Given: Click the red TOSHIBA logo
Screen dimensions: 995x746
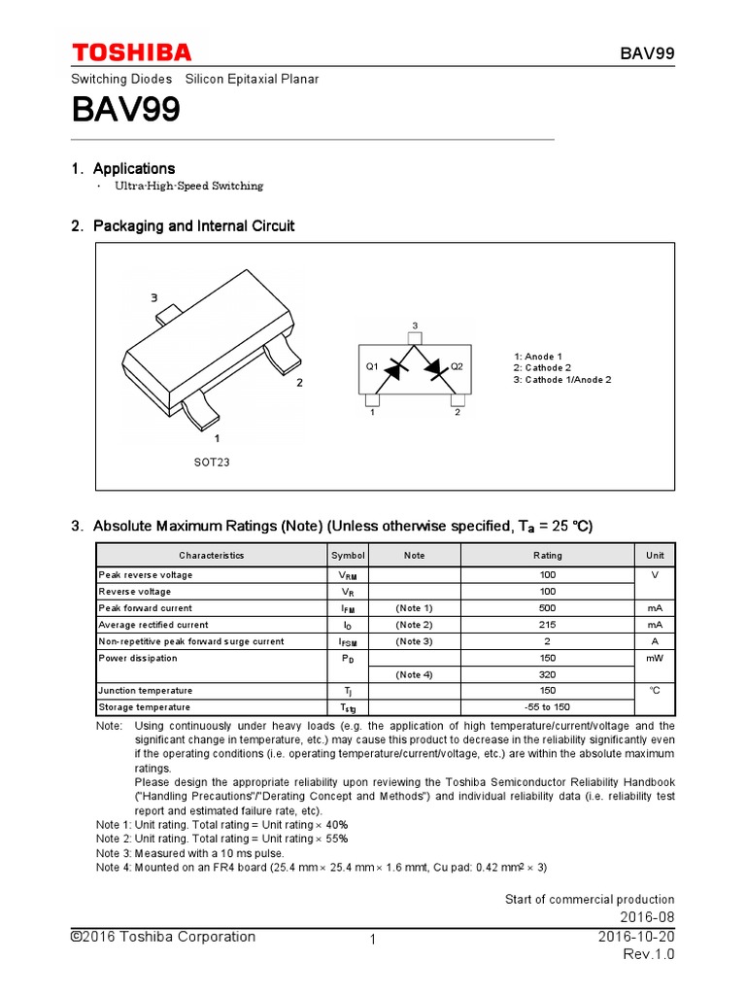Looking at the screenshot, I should pyautogui.click(x=131, y=52).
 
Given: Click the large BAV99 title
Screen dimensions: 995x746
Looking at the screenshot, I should pyautogui.click(x=126, y=111).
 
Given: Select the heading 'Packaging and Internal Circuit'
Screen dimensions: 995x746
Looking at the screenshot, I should pyautogui.click(x=193, y=225).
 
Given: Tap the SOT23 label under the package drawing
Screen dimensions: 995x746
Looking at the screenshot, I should pyautogui.click(x=212, y=462).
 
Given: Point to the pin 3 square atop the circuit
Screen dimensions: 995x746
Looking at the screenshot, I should pyautogui.click(x=414, y=338).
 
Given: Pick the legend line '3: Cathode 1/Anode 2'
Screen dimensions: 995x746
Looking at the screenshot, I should pyautogui.click(x=562, y=380).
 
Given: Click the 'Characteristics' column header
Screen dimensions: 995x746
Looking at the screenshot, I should pyautogui.click(x=211, y=556).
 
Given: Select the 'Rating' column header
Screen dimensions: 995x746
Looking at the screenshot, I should pyautogui.click(x=547, y=556).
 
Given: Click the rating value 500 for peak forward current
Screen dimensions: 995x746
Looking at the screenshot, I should pyautogui.click(x=547, y=608).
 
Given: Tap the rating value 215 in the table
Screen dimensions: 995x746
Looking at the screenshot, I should pyautogui.click(x=547, y=625).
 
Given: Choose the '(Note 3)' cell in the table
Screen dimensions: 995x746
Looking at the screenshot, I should pyautogui.click(x=414, y=641).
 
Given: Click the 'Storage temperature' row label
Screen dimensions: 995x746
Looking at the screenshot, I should pyautogui.click(x=145, y=707).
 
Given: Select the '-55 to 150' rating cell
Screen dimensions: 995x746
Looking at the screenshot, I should pyautogui.click(x=547, y=707).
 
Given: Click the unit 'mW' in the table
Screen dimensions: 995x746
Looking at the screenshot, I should pyautogui.click(x=655, y=658).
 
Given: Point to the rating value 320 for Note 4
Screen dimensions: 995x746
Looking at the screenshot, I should pyautogui.click(x=547, y=674).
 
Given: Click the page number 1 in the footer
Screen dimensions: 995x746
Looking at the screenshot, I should pyautogui.click(x=372, y=940).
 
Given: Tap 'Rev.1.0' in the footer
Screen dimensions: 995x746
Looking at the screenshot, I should pyautogui.click(x=648, y=955).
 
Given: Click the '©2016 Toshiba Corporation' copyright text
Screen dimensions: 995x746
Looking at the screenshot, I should pyautogui.click(x=163, y=937).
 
